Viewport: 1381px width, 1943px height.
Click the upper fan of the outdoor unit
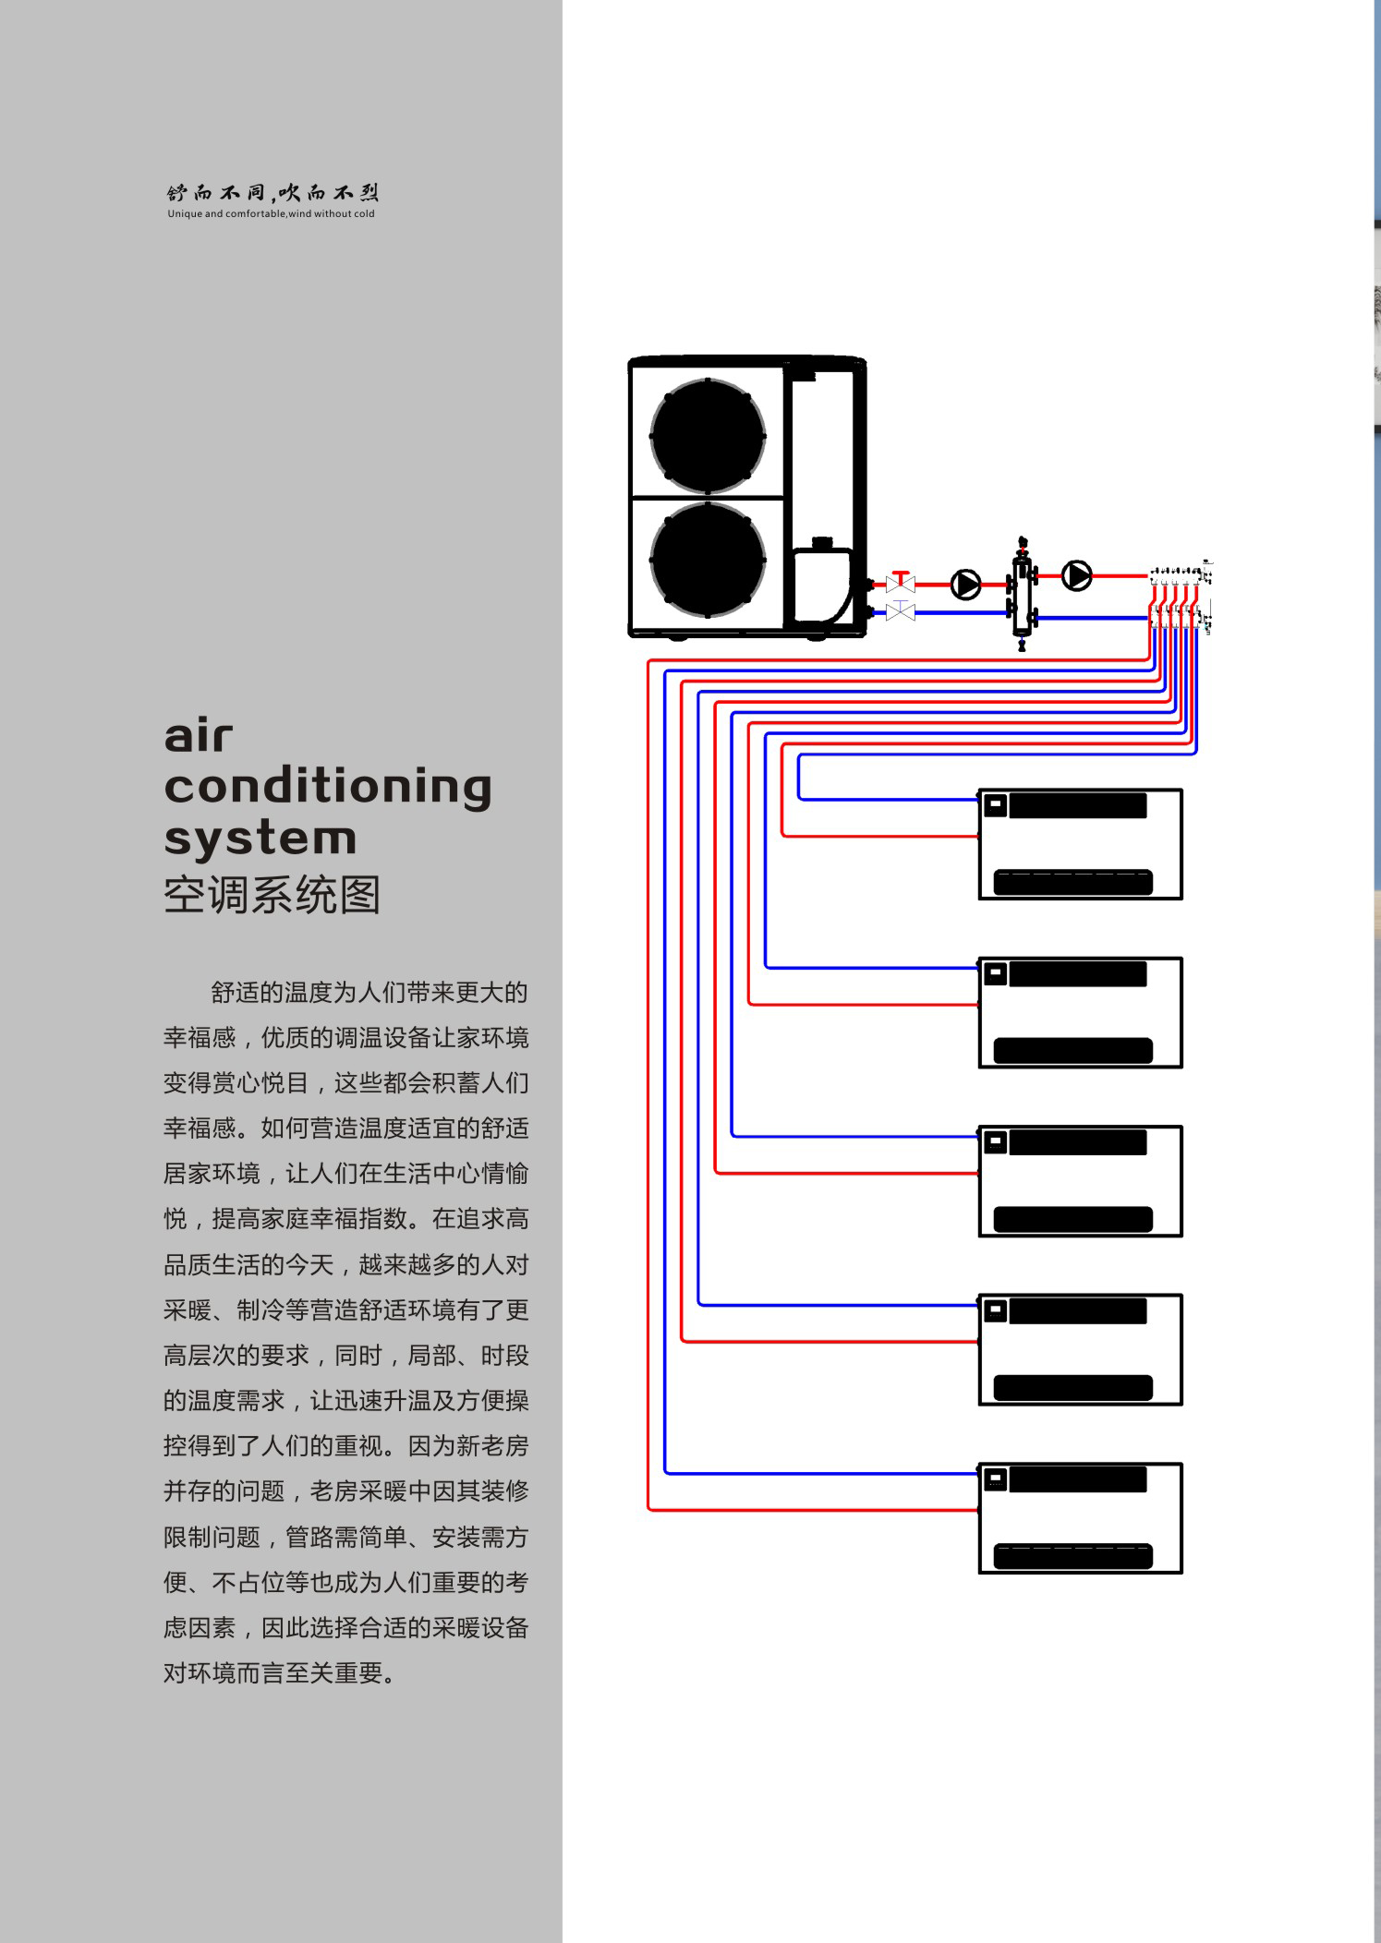708,436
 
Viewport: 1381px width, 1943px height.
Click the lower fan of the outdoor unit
708,560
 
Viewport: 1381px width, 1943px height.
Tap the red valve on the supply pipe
901,581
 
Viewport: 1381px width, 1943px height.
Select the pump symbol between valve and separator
966,585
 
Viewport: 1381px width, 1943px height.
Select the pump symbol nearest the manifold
1077,576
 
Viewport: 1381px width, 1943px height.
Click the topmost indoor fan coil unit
1081,844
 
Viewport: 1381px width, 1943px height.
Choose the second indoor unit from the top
1081,1013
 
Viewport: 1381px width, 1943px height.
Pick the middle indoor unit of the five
1081,1181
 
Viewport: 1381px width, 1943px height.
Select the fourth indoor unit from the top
1081,1350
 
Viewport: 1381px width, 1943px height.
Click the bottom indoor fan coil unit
1081,1518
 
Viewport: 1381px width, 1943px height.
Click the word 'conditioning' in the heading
328,788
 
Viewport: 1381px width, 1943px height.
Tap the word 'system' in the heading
260,839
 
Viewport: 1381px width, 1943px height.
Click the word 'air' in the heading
199,736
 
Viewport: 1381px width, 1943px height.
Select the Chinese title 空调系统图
272,895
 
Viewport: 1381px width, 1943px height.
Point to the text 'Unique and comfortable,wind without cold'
271,214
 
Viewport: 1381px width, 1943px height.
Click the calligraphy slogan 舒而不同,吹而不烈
273,192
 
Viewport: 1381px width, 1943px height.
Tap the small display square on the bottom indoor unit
995,1479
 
